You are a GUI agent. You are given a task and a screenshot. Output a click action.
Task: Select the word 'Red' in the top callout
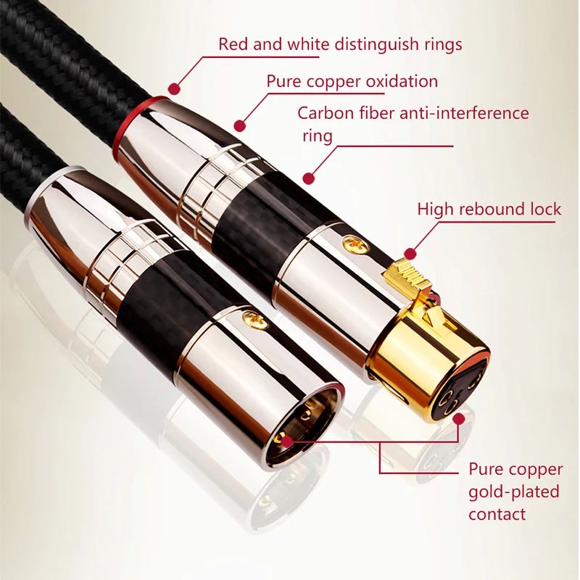233,44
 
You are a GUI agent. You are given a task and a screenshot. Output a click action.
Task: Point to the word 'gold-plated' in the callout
513,492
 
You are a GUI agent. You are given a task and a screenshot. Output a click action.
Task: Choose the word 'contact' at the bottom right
497,515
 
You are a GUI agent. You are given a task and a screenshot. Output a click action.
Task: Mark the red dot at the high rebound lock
410,254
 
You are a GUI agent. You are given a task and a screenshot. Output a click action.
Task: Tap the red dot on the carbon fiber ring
309,176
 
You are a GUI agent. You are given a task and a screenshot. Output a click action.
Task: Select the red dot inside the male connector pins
286,439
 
